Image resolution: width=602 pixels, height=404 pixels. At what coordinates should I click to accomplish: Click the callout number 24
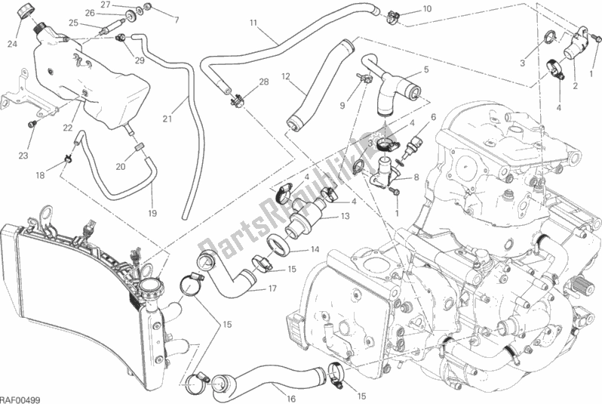point(12,43)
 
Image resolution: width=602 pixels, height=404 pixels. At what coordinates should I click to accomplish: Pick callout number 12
point(286,76)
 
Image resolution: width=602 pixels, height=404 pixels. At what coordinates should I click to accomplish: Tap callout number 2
point(576,87)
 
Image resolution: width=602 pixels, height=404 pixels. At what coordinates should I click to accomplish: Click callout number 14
point(314,250)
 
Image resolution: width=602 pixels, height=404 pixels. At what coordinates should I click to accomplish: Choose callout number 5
point(426,70)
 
